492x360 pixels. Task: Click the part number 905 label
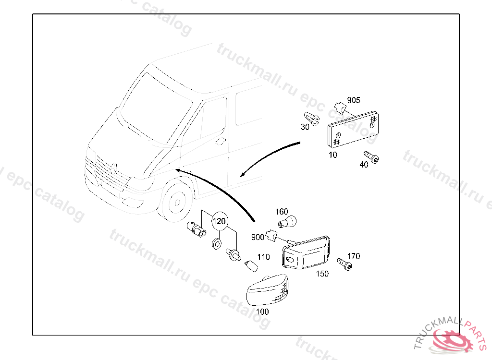(354, 100)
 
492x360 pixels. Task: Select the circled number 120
(219, 221)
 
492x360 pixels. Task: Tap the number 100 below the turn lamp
(262, 312)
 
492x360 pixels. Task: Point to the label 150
(322, 274)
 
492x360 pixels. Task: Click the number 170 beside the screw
(353, 256)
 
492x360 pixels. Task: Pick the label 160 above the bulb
(282, 212)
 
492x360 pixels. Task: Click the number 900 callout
(258, 237)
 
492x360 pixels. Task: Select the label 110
(264, 257)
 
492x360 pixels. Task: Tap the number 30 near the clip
(305, 127)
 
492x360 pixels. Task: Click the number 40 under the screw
(364, 165)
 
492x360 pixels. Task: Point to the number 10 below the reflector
(333, 155)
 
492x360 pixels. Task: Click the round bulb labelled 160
(288, 222)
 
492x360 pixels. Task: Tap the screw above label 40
(371, 156)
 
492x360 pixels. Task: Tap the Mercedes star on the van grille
(115, 168)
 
